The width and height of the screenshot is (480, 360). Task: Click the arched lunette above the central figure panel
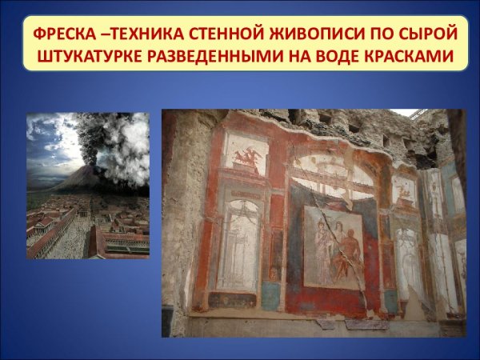[332, 178]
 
